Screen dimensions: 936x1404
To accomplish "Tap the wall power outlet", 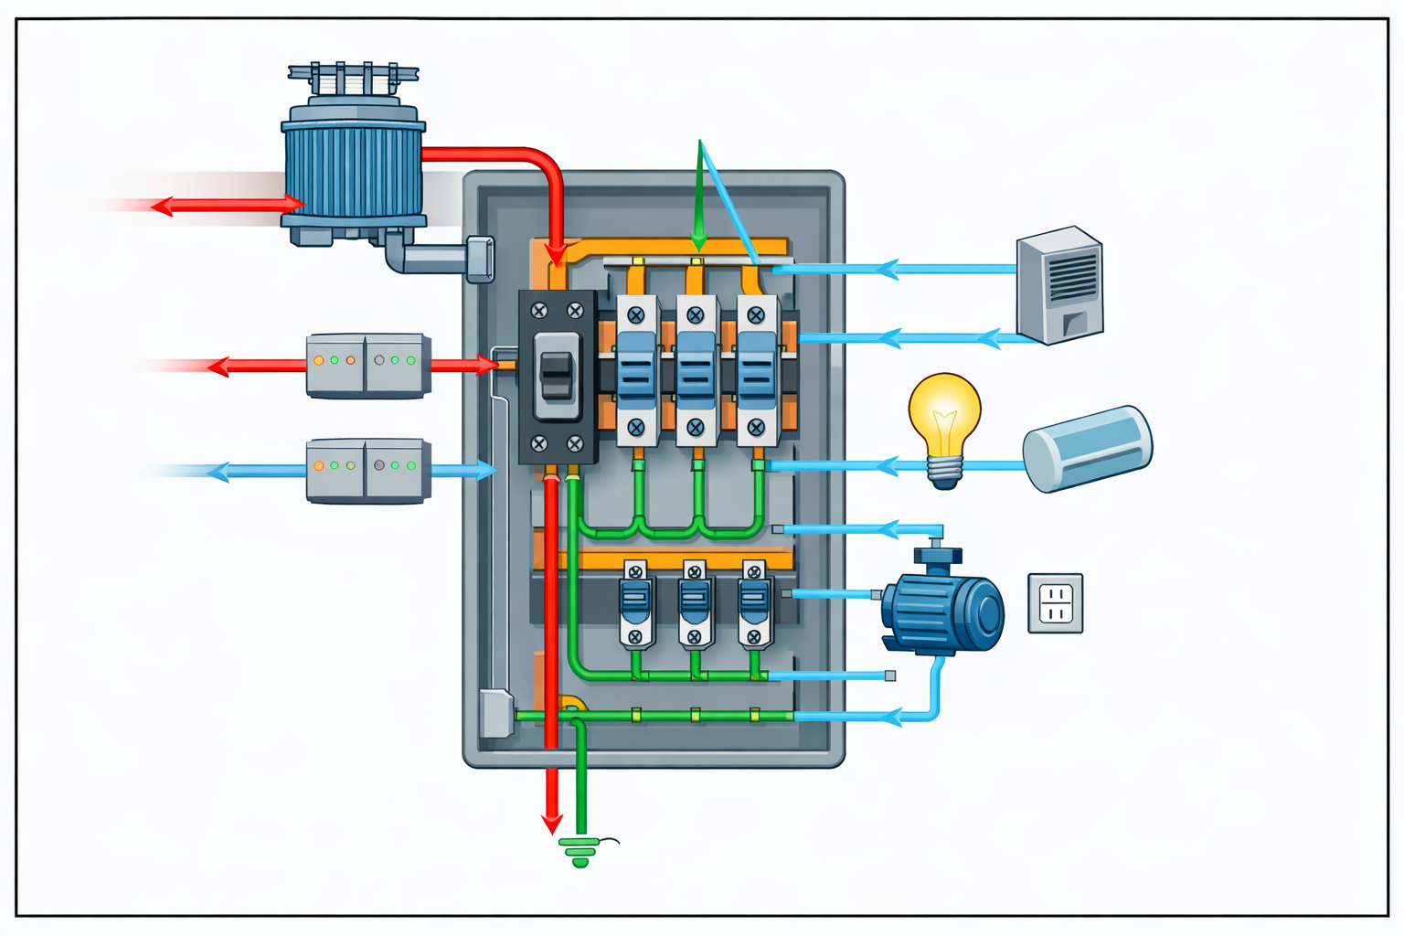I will click(x=1055, y=603).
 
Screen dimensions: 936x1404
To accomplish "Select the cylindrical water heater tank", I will click(x=1087, y=448).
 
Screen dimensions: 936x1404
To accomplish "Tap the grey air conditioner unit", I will click(x=1060, y=285).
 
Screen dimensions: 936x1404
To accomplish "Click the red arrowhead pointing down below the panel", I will click(x=551, y=822).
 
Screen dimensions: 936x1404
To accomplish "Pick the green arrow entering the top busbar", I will click(x=699, y=239).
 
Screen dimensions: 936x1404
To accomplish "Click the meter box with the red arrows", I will click(x=367, y=366).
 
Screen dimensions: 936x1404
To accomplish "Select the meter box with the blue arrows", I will click(x=367, y=471).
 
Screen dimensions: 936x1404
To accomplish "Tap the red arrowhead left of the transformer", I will click(x=163, y=206).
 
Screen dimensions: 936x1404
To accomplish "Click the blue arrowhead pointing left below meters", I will click(x=218, y=473).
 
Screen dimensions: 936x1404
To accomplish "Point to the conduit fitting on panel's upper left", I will click(x=479, y=259).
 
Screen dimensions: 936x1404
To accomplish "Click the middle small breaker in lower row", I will click(x=695, y=604).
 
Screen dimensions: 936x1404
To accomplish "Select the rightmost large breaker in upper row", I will click(x=757, y=370).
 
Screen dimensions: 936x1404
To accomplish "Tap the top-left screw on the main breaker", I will click(x=539, y=311).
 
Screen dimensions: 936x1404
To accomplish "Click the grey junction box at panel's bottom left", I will click(x=495, y=714).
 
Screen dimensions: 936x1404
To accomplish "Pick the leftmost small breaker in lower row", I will click(x=635, y=604).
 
